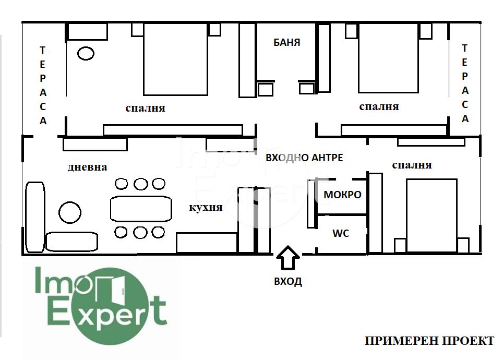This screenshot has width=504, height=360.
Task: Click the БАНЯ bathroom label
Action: tap(287, 42)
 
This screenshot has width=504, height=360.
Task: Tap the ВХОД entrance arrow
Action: tap(288, 258)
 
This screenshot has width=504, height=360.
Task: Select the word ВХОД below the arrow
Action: tap(288, 281)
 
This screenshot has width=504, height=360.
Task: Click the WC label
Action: tap(341, 233)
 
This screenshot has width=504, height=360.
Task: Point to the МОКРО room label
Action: tap(342, 195)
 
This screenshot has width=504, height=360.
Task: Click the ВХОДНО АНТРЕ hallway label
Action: tap(304, 158)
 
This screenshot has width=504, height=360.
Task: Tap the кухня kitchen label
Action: tap(206, 207)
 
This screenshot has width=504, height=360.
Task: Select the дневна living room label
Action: tap(88, 167)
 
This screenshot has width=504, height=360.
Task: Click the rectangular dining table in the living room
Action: tap(141, 209)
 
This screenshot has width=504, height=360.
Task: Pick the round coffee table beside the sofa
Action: tap(70, 212)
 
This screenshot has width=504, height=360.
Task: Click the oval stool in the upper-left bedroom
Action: tap(86, 53)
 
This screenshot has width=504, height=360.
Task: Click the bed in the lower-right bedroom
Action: tap(431, 215)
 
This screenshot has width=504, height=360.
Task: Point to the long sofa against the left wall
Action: tap(35, 217)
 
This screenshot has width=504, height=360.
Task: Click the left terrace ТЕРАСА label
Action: tap(43, 85)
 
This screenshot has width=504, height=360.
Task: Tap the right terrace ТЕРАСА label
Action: tap(465, 83)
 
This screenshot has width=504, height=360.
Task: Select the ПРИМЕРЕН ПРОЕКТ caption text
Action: tap(429, 341)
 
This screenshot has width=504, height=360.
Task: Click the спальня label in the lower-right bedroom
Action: tap(412, 165)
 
